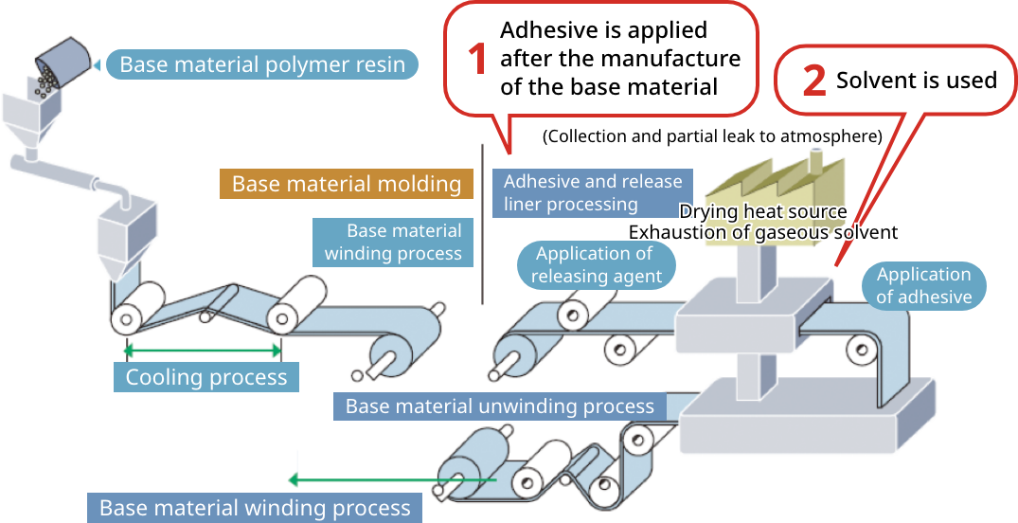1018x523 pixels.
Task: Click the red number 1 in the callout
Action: pyautogui.click(x=479, y=59)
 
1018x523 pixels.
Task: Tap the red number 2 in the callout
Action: pyautogui.click(x=813, y=81)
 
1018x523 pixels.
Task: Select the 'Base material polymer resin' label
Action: pyautogui.click(x=261, y=64)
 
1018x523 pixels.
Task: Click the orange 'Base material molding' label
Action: pyautogui.click(x=346, y=184)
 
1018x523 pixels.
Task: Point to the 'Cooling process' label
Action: pyautogui.click(x=205, y=377)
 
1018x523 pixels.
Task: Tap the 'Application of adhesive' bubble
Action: pyautogui.click(x=923, y=285)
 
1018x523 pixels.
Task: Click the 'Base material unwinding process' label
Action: pyautogui.click(x=499, y=406)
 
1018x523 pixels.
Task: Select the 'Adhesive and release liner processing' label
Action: pyautogui.click(x=592, y=192)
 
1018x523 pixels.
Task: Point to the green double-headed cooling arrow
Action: pyautogui.click(x=203, y=350)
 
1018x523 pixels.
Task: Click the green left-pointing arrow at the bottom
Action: pyautogui.click(x=379, y=479)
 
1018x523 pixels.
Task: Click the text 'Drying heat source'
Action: pyautogui.click(x=762, y=211)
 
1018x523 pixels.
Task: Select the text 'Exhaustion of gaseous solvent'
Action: pyautogui.click(x=762, y=232)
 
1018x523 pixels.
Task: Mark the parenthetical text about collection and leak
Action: pyautogui.click(x=712, y=136)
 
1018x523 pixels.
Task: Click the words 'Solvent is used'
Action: pyautogui.click(x=916, y=81)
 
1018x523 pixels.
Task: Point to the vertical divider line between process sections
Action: pyautogui.click(x=483, y=224)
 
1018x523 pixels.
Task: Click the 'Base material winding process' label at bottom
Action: pyautogui.click(x=255, y=508)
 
